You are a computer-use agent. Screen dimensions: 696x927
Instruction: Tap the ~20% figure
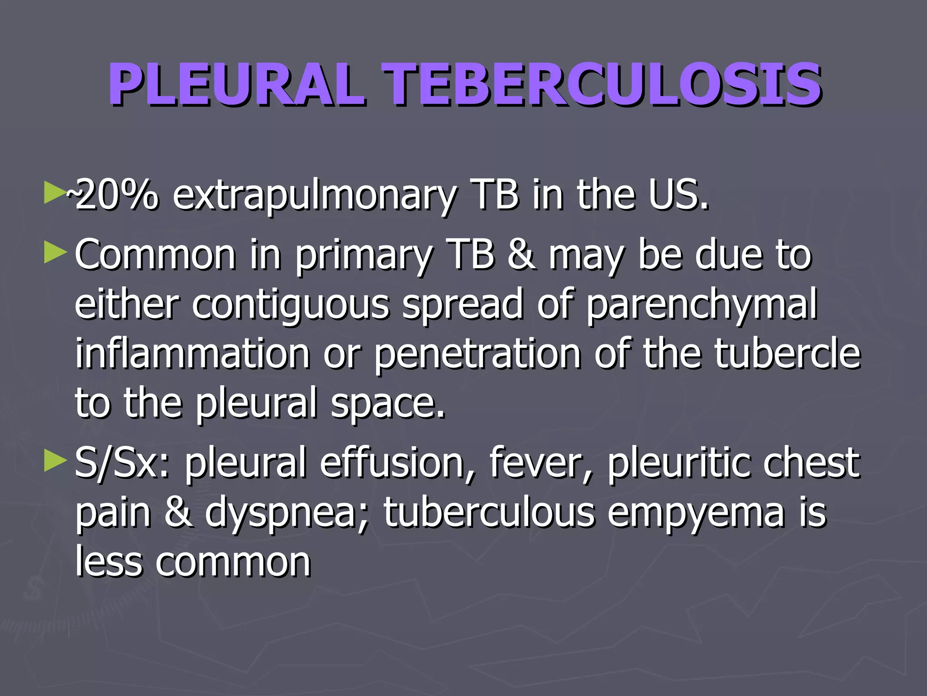(x=113, y=196)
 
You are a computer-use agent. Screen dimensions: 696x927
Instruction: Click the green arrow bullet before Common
(x=56, y=252)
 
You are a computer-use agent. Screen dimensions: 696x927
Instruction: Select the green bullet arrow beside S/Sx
(x=56, y=462)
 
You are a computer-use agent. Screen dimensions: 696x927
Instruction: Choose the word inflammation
(x=192, y=353)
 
